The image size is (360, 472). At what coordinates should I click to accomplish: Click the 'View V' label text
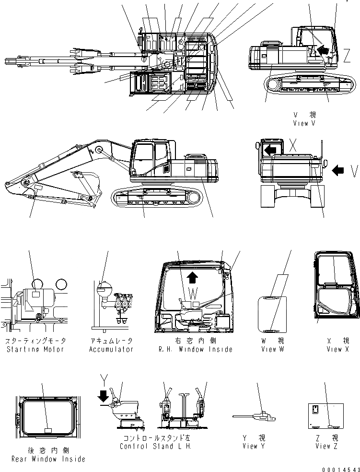304,123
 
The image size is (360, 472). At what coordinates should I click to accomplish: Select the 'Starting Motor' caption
35,349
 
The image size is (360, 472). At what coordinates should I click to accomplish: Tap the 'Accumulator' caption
111,349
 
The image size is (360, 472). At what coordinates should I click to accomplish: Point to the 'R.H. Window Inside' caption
196,349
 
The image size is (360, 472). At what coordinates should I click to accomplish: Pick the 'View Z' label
326,446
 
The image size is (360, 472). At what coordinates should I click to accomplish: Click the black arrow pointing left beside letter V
338,169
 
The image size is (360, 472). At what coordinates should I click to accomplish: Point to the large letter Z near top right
346,56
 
